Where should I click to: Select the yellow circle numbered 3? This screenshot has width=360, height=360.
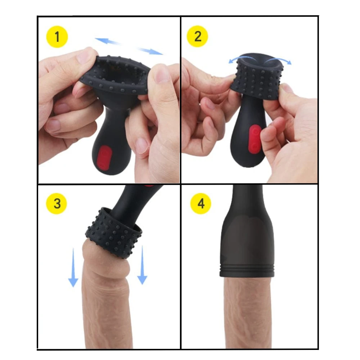pos(57,203)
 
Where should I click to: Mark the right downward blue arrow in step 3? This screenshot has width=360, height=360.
pos(142,265)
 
